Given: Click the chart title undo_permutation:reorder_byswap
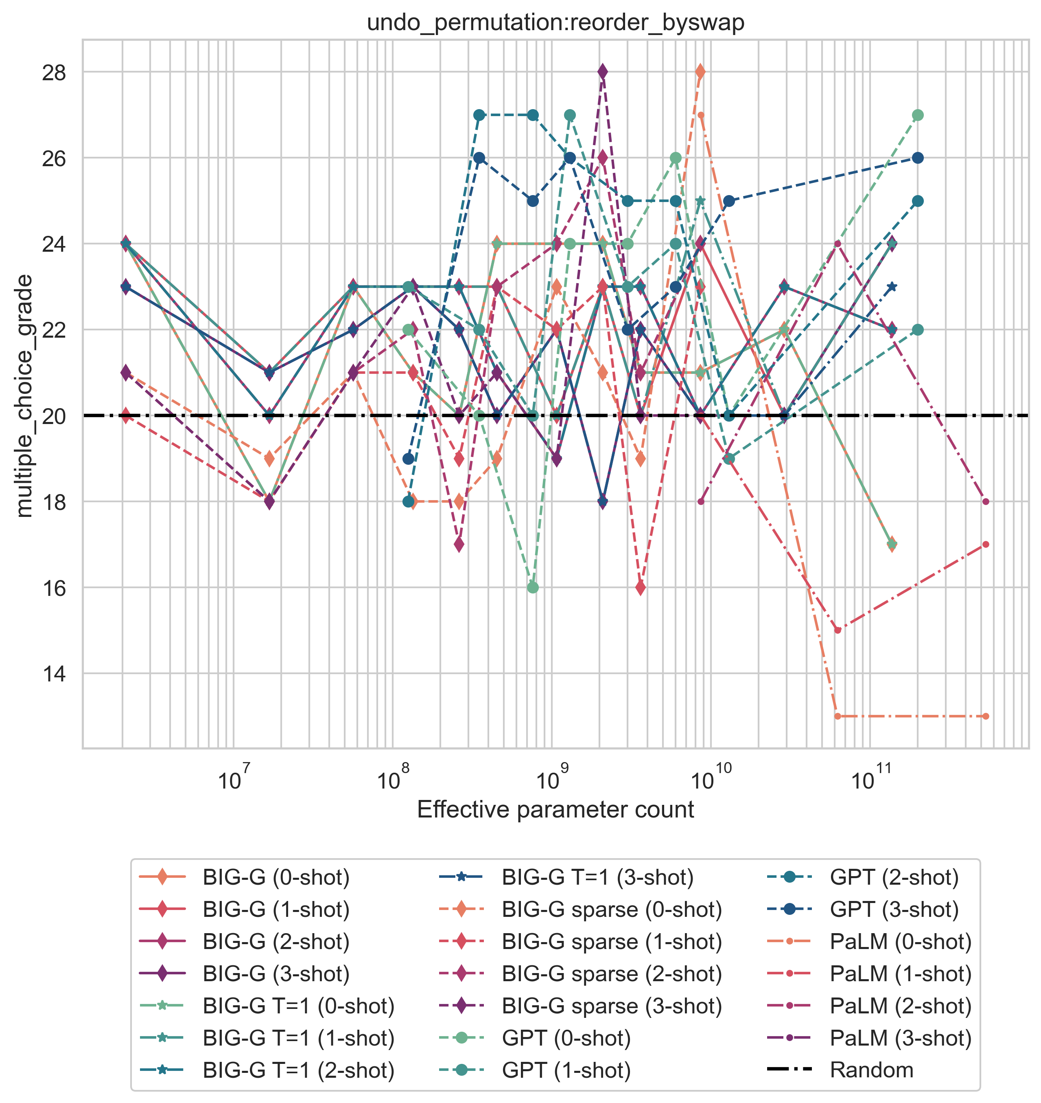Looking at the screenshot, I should [555, 23].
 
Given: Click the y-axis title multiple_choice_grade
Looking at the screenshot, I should [24, 395].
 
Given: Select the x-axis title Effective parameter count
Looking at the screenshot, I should [555, 809].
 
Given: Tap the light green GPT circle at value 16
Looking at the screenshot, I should [533, 588].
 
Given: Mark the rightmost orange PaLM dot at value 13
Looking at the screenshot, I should [986, 716].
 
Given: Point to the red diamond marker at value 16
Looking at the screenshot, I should [641, 588].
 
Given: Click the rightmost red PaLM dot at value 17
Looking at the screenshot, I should [986, 544].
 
